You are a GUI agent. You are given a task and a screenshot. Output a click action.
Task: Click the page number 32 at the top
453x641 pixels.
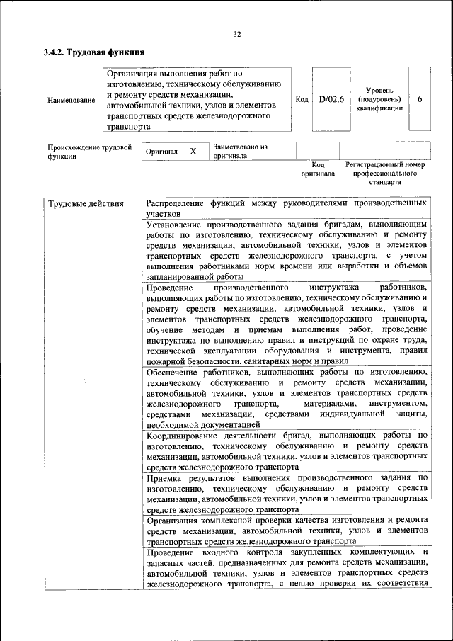[x=237, y=33]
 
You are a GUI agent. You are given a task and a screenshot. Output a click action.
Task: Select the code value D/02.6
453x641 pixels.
[x=331, y=100]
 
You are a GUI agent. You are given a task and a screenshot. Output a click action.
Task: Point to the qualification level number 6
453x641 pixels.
[x=420, y=99]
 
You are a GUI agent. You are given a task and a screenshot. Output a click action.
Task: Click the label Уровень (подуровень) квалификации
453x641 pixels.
[x=385, y=99]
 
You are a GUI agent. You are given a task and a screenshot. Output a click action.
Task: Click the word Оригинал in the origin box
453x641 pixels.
[x=161, y=152]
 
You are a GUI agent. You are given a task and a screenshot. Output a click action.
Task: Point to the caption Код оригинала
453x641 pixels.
[x=317, y=169]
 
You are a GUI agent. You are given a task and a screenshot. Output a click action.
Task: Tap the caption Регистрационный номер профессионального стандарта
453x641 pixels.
[x=384, y=173]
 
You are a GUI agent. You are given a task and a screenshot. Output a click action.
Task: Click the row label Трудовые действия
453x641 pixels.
[x=86, y=204]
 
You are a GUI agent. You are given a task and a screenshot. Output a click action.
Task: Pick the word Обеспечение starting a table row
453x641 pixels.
[x=173, y=371]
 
